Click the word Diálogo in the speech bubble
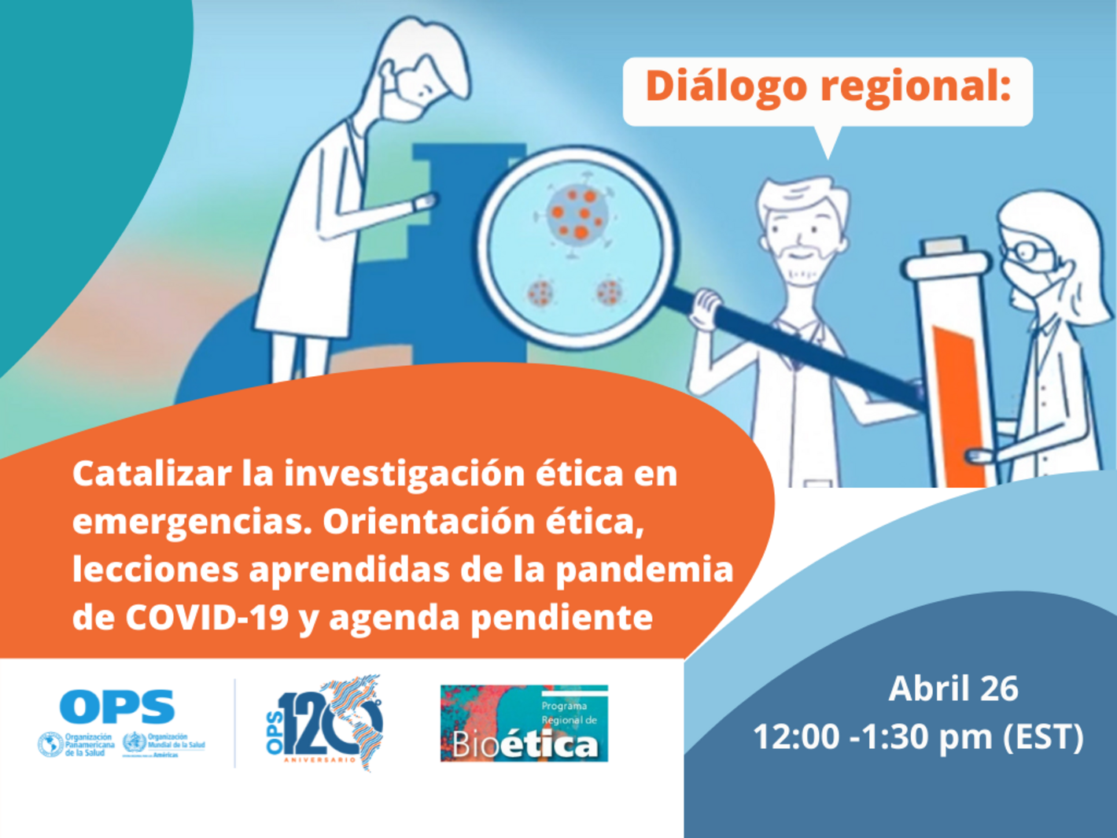click(x=726, y=87)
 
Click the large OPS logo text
click(x=117, y=707)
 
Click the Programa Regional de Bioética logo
click(x=524, y=724)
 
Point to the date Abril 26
click(x=953, y=688)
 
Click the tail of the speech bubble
click(x=827, y=142)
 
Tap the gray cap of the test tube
click(x=944, y=246)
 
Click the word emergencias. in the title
click(x=189, y=522)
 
